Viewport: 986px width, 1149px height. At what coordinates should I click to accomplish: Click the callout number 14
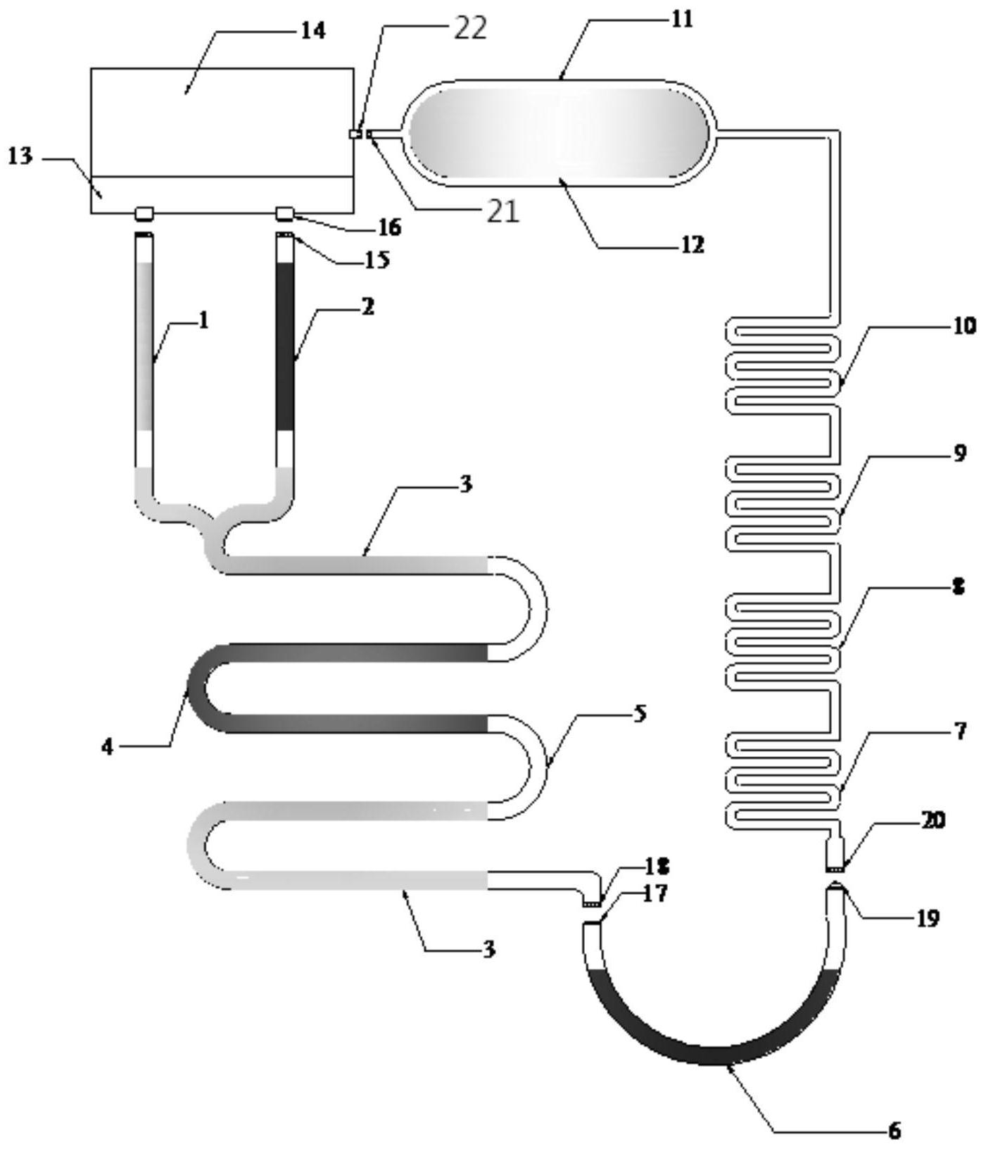pos(314,30)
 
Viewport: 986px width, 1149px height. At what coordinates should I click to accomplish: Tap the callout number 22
pos(469,29)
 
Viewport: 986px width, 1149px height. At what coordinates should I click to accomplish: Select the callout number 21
pos(503,211)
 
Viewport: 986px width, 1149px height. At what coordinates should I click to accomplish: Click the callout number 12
pos(693,244)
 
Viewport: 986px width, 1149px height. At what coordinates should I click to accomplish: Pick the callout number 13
pos(20,156)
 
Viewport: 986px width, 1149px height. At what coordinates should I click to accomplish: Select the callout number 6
pos(894,1131)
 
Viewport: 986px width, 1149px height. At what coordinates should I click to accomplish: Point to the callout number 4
pos(107,747)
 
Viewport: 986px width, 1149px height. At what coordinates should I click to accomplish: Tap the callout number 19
pos(927,918)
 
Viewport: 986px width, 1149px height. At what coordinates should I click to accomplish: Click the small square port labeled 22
pos(356,134)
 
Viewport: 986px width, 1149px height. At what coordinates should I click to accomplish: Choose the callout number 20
pos(933,820)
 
